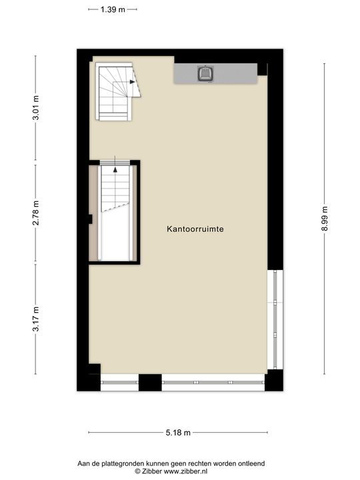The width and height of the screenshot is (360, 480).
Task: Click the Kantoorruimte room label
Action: click(x=195, y=229)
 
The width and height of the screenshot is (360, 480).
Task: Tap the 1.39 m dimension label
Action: click(x=113, y=9)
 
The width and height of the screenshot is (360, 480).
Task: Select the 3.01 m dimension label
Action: click(x=36, y=108)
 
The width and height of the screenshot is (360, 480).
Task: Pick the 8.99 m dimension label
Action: click(x=325, y=219)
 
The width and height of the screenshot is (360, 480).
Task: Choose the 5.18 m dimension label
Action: click(x=178, y=433)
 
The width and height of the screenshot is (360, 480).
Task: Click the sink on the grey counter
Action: click(x=205, y=73)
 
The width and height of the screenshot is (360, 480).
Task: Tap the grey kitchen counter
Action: click(x=233, y=73)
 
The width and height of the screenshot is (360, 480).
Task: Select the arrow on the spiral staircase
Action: click(x=133, y=81)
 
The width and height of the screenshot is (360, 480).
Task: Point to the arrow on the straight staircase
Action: click(x=115, y=169)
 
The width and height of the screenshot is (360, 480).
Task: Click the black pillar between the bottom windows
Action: click(x=150, y=383)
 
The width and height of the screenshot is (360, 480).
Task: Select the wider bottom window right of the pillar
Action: click(x=213, y=383)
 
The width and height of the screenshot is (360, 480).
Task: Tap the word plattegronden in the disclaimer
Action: click(x=129, y=463)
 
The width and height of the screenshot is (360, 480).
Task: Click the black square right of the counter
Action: click(x=262, y=69)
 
